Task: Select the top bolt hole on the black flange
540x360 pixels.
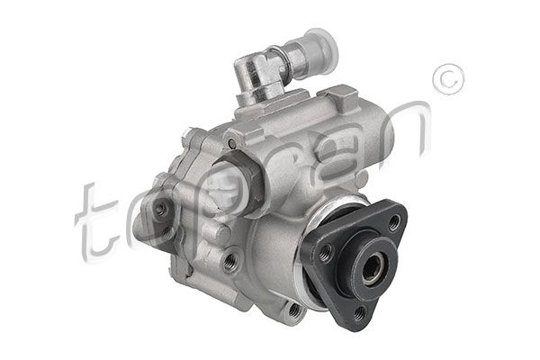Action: pyautogui.click(x=393, y=222)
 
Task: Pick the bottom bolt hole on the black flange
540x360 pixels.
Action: pyautogui.click(x=360, y=312)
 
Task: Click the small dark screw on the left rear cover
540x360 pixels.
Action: pyautogui.click(x=160, y=210)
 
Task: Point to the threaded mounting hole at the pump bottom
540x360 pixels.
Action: pyautogui.click(x=293, y=310)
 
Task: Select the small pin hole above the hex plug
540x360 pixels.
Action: pyautogui.click(x=231, y=144)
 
